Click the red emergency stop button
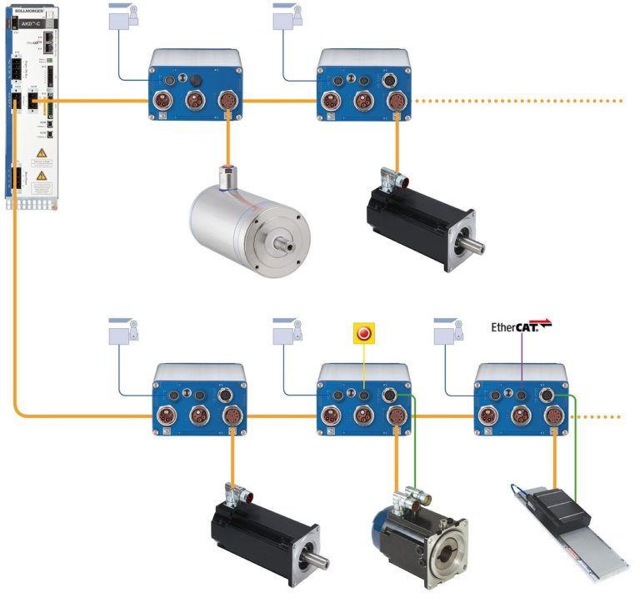point(363,333)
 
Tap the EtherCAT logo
point(520,326)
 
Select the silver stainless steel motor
point(247,221)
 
